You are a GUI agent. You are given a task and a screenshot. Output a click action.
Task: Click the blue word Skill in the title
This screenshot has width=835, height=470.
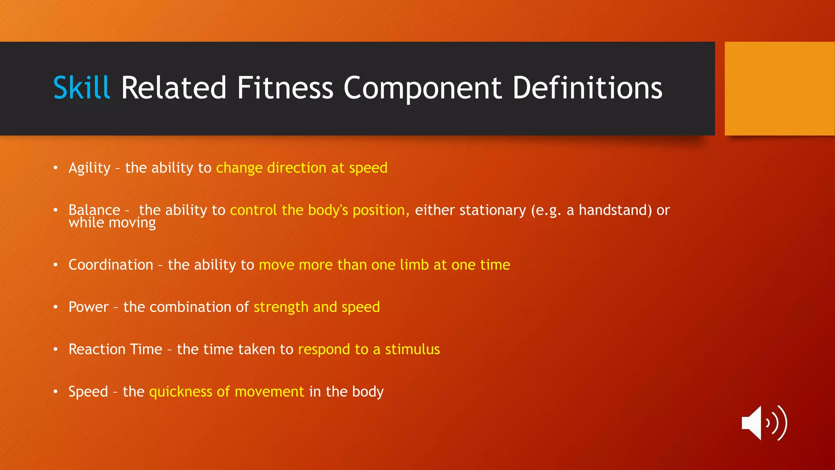coord(82,88)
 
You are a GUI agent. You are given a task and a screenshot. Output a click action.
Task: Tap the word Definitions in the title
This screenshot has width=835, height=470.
coord(587,88)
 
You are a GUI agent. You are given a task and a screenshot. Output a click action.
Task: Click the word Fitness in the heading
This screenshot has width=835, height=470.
coord(285,88)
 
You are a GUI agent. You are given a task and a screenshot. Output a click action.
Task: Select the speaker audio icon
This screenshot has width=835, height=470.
coord(764,423)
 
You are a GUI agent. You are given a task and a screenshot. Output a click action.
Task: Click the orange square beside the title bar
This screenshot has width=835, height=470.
coord(779,89)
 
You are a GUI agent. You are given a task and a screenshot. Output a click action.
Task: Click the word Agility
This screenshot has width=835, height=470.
coord(89,168)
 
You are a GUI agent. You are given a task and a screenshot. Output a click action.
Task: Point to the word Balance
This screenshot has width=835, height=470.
coord(94,210)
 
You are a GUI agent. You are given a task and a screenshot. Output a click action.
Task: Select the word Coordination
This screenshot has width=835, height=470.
coord(110,265)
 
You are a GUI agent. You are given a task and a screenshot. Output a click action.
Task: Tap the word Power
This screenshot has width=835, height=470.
coord(88,307)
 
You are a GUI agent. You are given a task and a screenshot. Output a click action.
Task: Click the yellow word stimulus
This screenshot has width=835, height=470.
coord(412,349)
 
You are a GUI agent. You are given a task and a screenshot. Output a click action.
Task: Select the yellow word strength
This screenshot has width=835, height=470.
coord(281,307)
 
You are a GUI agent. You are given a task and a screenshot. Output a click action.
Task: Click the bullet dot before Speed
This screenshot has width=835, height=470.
coord(55,392)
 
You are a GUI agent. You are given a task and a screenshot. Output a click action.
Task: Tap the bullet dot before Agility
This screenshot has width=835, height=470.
coord(55,168)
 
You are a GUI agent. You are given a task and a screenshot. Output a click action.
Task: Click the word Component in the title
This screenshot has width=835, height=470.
coord(422,88)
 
